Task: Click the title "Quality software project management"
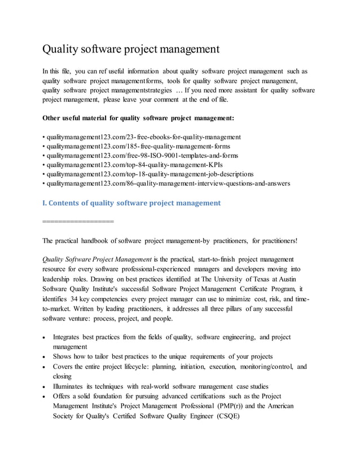(130, 50)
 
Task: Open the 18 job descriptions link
(150, 174)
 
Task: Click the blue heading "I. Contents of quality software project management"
(131, 203)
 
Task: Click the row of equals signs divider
(78, 221)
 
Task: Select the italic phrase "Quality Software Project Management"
(96, 260)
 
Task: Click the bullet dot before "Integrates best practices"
(45, 337)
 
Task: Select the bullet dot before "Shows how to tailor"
(45, 357)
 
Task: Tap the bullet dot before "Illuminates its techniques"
(45, 387)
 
